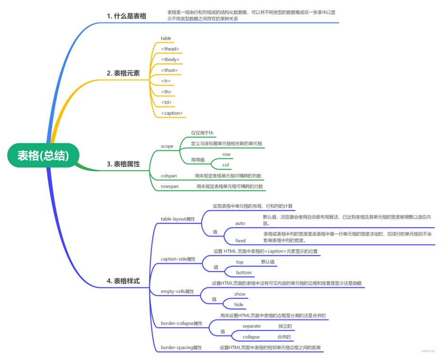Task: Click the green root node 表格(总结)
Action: point(43,155)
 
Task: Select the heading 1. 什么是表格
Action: point(126,16)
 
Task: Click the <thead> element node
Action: point(170,49)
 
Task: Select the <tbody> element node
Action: point(170,60)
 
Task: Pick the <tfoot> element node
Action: point(170,71)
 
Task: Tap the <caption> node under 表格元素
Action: point(172,113)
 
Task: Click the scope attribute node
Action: point(167,146)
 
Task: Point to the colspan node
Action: point(169,176)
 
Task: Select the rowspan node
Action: point(170,186)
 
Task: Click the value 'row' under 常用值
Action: point(226,154)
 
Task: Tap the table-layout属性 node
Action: point(178,219)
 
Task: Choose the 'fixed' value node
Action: point(241,240)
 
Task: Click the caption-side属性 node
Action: point(178,259)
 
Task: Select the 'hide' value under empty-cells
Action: point(239,305)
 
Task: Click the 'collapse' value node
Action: point(251,337)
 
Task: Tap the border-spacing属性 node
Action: point(181,348)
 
